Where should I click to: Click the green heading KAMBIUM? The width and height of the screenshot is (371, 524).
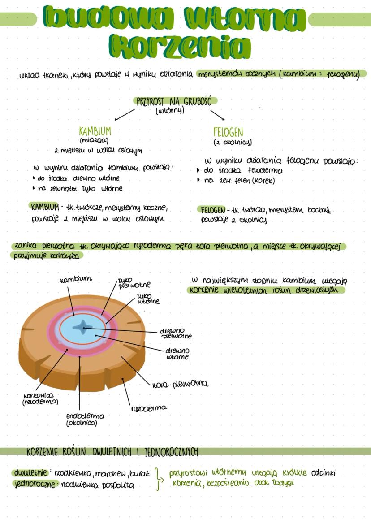click(95, 131)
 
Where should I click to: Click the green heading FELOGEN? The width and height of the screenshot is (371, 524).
click(228, 132)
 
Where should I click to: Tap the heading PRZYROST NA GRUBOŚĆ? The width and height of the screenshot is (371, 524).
click(173, 101)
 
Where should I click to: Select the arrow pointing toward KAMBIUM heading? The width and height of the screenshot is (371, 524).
click(124, 114)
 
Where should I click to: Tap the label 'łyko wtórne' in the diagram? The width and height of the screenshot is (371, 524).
click(148, 299)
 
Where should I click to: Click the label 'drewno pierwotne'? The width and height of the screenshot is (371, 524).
click(176, 333)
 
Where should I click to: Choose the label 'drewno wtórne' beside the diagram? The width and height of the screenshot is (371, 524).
click(177, 353)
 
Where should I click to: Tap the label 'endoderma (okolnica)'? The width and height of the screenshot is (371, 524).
click(85, 419)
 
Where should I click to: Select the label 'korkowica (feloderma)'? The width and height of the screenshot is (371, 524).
click(40, 399)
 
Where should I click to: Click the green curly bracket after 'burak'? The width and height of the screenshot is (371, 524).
click(158, 479)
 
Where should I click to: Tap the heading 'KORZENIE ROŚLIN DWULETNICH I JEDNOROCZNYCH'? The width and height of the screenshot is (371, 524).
click(112, 451)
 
